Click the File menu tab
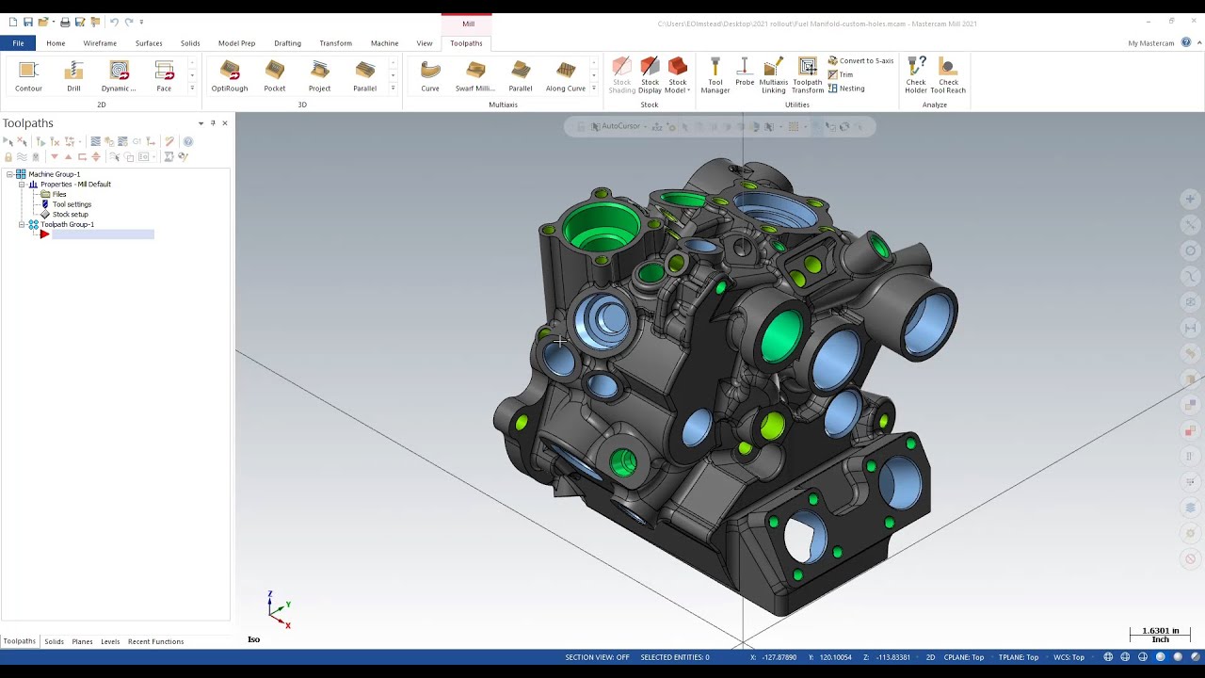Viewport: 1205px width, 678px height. (x=18, y=43)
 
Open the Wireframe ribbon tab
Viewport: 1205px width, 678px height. (x=100, y=43)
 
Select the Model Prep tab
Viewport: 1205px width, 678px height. (x=236, y=43)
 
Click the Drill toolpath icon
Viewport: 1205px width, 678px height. (x=73, y=75)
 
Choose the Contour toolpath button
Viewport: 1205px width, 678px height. (x=28, y=75)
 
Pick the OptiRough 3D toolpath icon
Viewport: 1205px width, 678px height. (x=230, y=75)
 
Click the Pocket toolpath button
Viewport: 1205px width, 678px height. (x=275, y=75)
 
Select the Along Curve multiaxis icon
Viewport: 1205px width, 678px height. (x=566, y=75)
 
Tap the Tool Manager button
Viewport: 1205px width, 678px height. (x=715, y=75)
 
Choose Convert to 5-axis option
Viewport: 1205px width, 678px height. (x=860, y=61)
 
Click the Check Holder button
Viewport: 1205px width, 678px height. (x=915, y=75)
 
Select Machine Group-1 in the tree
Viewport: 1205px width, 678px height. (x=54, y=174)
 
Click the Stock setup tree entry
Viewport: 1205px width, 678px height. (x=70, y=215)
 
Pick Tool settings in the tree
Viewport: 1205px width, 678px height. (x=72, y=204)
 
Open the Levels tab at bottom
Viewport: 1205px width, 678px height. (x=110, y=642)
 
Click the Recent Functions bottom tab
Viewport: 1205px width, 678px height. (x=155, y=642)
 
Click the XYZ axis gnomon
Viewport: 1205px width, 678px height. (x=278, y=609)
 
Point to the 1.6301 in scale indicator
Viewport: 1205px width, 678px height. (x=1160, y=635)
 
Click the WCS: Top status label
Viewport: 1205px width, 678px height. (x=1068, y=657)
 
